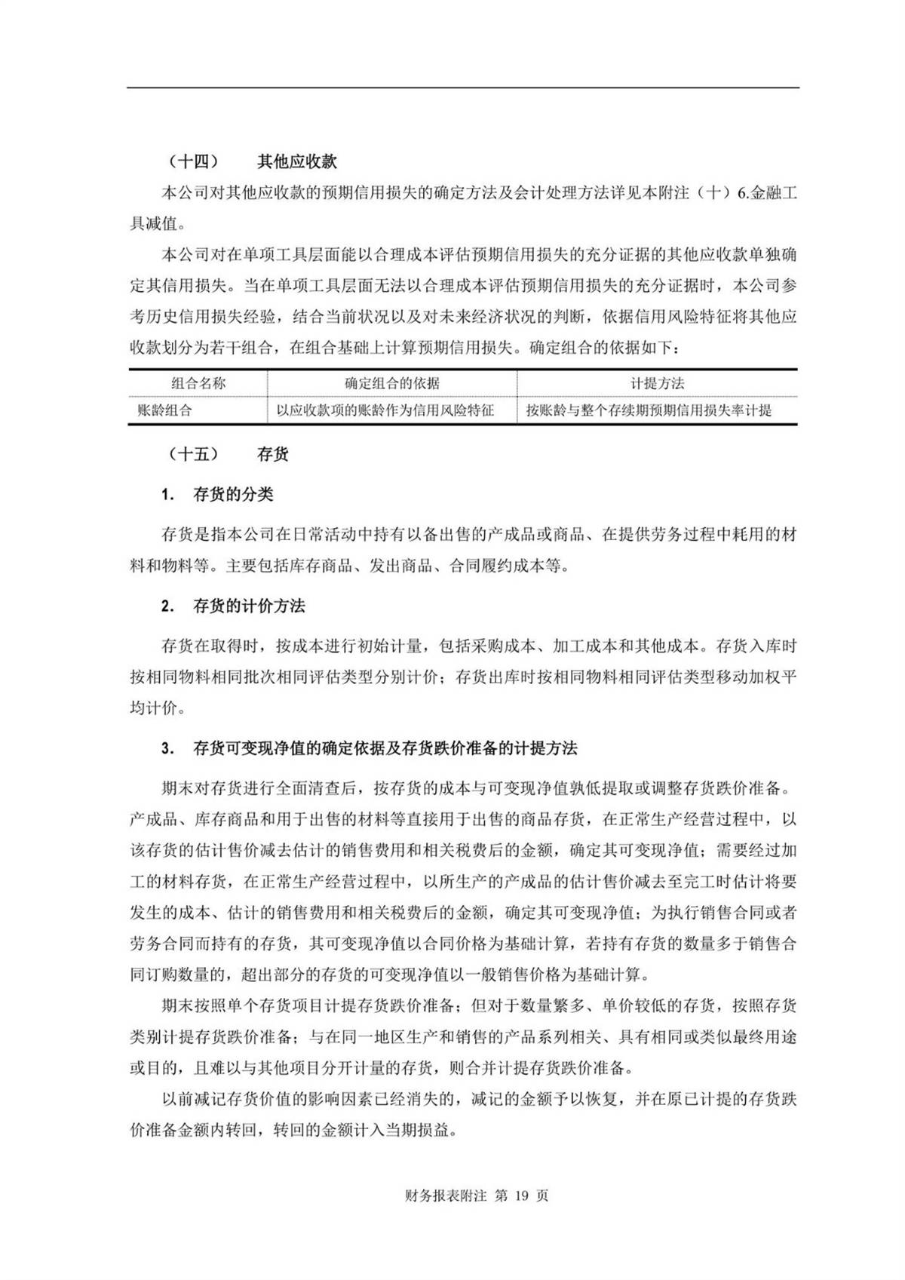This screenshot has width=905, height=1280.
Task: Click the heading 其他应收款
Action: pos(296,161)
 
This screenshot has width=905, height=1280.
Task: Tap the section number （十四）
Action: pos(194,161)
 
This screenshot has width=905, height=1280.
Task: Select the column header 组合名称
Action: pos(198,383)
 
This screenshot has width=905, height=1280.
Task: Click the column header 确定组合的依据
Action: pos(392,383)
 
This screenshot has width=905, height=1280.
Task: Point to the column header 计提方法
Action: pos(657,383)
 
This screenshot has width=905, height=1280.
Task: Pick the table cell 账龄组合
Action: pos(164,411)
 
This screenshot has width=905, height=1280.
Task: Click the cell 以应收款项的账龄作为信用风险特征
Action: pos(385,411)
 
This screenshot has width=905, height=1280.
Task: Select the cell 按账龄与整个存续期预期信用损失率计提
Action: pos(649,411)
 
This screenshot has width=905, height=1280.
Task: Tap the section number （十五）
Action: pos(194,454)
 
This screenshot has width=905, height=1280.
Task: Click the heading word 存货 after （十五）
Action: pos(272,454)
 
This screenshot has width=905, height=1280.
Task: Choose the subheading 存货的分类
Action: pos(233,495)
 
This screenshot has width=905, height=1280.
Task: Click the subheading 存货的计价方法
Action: pos(249,606)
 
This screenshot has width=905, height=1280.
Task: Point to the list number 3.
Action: pos(167,749)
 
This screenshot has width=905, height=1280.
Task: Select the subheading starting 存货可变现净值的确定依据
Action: pos(385,749)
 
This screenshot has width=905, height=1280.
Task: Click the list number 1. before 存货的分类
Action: pos(167,496)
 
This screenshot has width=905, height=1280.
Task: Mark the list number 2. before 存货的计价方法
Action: pos(167,606)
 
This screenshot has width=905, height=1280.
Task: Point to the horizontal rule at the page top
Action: pos(463,88)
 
